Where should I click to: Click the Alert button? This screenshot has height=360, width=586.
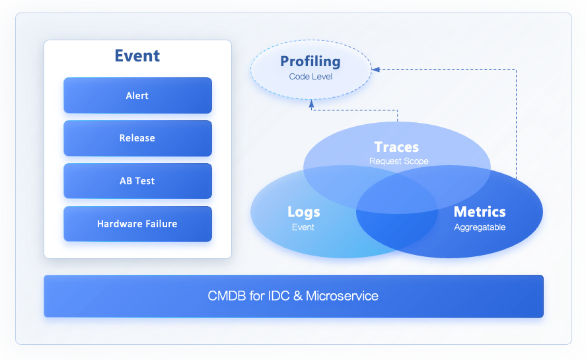tap(137, 96)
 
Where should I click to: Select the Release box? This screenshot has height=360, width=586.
tap(137, 138)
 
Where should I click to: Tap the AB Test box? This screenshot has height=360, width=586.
tap(137, 181)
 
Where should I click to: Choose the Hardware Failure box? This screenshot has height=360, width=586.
tap(137, 224)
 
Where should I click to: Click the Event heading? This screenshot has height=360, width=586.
tap(137, 56)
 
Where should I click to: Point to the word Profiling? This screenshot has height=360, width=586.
tap(311, 61)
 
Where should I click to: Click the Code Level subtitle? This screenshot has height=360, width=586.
tap(311, 77)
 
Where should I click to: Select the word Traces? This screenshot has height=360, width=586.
tap(396, 147)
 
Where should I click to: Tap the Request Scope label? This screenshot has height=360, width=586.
tap(398, 161)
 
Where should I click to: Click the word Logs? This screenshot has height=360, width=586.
tap(304, 212)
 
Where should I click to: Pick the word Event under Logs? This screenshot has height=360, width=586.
tap(303, 227)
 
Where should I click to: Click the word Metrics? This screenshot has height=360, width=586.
tap(480, 212)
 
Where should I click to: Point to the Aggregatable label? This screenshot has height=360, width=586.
tap(480, 227)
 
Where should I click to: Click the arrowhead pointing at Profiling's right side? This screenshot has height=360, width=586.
tap(375, 69)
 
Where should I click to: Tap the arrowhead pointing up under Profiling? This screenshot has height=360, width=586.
tap(312, 103)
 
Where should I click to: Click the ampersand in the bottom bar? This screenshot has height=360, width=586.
tap(297, 296)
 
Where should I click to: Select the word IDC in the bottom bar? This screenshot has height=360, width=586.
tap(277, 296)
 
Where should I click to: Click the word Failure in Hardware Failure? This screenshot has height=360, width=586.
tap(159, 224)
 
